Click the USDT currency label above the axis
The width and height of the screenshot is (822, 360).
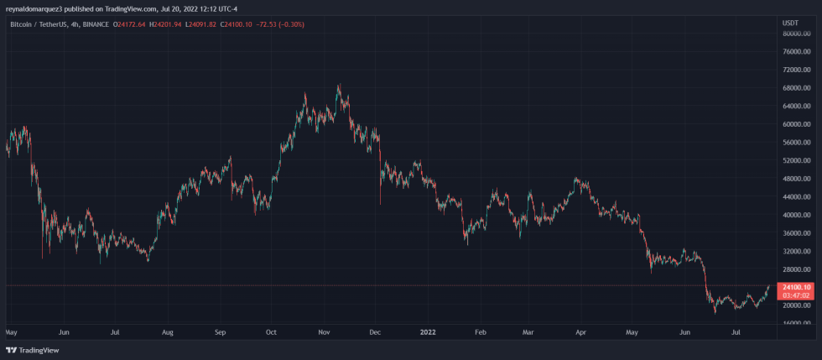[790, 22]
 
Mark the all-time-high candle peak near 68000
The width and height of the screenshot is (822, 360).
[339, 85]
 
